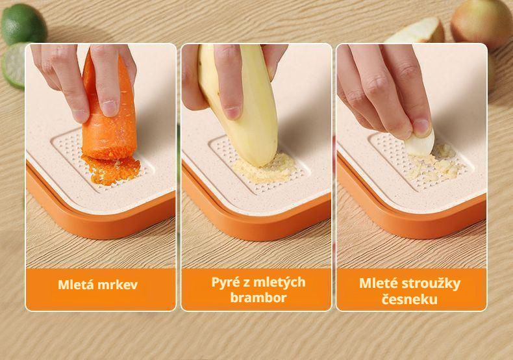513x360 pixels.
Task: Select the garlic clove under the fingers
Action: pyautogui.click(x=421, y=144)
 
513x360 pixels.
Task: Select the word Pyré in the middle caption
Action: pyautogui.click(x=225, y=282)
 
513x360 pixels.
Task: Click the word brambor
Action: pyautogui.click(x=258, y=298)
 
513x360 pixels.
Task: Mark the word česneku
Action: pyautogui.click(x=410, y=300)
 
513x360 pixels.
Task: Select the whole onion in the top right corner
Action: pyautogui.click(x=481, y=23)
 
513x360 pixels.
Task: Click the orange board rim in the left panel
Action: pyautogui.click(x=97, y=221)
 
